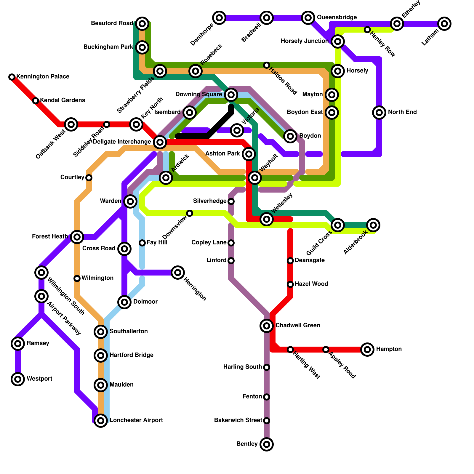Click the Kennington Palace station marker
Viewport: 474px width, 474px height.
point(12,77)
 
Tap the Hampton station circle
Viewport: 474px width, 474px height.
point(367,350)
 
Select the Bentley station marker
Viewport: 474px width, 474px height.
point(267,444)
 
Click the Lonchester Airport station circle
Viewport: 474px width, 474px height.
point(101,421)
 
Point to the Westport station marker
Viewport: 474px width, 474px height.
point(18,379)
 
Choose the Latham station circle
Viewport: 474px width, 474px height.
point(444,24)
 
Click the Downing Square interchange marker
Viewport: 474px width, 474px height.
point(231,95)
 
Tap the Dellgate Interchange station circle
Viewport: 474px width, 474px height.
point(160,142)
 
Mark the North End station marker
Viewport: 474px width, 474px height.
point(379,113)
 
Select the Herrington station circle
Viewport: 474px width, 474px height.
point(178,273)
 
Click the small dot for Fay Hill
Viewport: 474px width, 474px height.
point(142,243)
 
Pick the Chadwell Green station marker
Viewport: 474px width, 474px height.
point(267,326)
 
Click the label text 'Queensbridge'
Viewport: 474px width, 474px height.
point(337,17)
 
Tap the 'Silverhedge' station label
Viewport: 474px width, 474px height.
point(210,201)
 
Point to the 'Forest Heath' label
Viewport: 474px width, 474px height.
point(50,237)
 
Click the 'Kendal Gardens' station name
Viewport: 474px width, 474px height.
point(63,100)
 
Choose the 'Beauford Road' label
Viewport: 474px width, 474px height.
point(112,23)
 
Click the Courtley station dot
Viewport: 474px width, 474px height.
point(89,178)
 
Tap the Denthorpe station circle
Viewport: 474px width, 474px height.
point(219,18)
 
